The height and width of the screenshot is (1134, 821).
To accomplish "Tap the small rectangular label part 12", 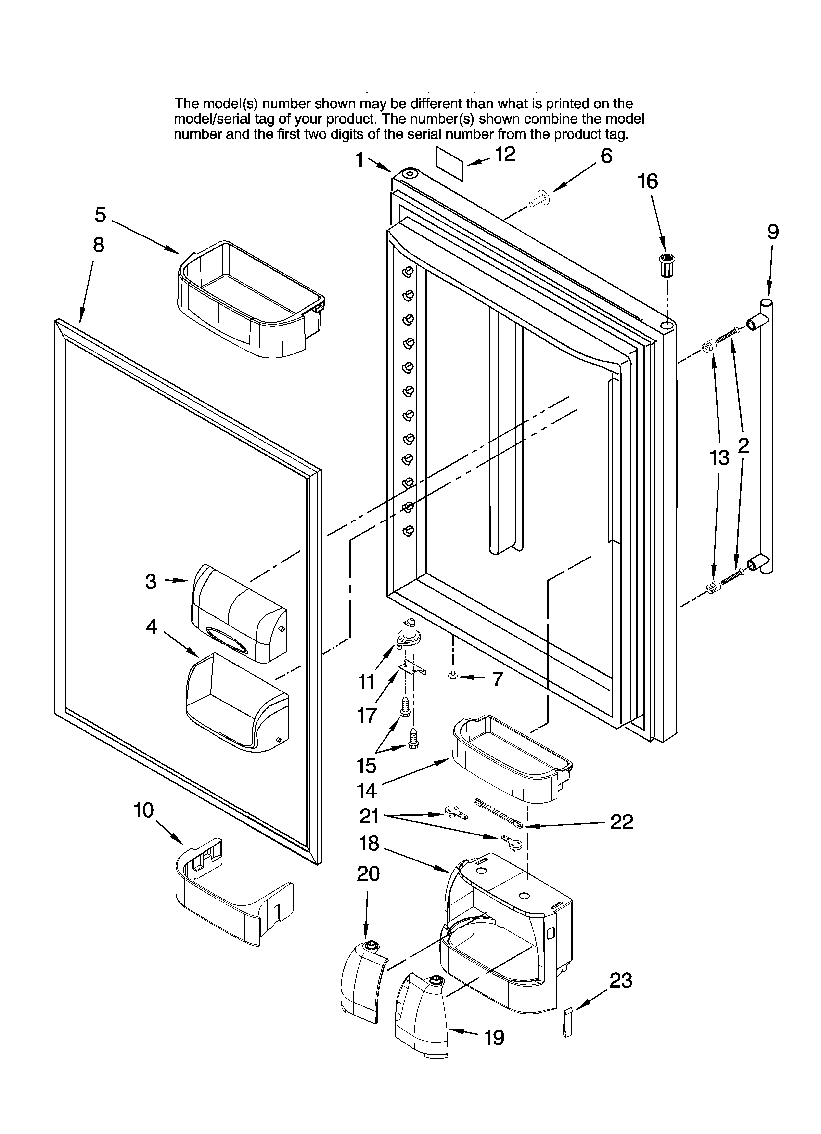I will point(449,164).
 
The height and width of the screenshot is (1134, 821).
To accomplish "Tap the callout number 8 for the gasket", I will point(99,245).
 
